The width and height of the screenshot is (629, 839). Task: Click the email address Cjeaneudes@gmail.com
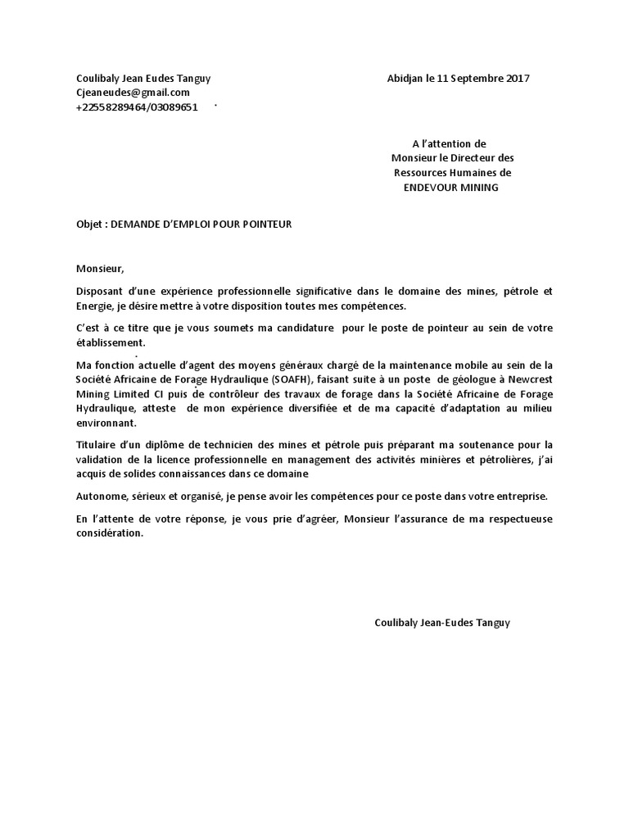pos(133,93)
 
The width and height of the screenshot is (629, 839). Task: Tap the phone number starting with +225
pos(137,107)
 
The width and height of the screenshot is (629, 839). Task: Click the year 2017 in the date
pos(518,79)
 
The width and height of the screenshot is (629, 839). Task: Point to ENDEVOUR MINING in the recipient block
pos(450,188)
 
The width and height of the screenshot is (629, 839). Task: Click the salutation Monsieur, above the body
pos(99,267)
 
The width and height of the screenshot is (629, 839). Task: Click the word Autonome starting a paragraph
pos(101,497)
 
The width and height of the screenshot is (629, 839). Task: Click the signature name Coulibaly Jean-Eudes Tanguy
pos(441,623)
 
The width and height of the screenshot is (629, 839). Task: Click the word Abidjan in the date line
pos(405,79)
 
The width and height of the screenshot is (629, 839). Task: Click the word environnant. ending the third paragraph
pos(106,424)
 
